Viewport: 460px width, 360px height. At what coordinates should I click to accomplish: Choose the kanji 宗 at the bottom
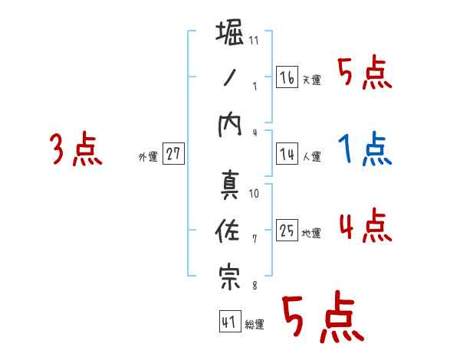click(x=230, y=278)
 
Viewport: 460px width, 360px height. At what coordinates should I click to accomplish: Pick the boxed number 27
click(x=173, y=154)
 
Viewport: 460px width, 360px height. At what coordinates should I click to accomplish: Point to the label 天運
click(x=311, y=80)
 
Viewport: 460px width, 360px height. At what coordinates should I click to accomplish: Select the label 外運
click(x=148, y=157)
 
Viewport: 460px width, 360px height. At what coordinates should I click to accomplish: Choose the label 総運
click(x=255, y=325)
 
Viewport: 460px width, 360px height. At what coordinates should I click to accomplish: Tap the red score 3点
click(x=76, y=149)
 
